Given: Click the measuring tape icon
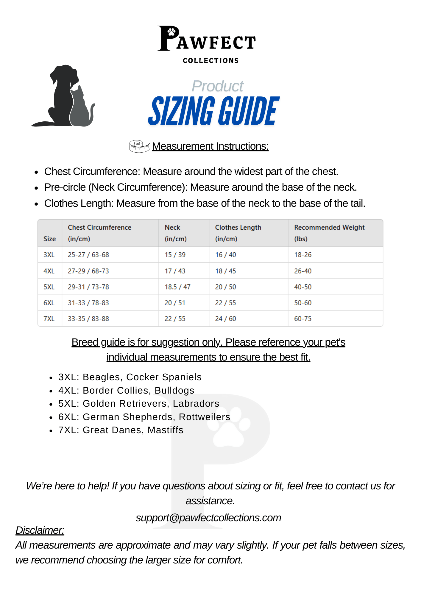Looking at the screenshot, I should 139,146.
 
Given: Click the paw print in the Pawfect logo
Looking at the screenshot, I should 171,32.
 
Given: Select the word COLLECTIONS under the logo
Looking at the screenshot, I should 210,61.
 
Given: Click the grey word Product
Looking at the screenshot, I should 217,86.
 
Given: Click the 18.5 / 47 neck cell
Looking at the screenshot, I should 177,287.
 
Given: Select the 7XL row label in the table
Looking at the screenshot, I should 49,319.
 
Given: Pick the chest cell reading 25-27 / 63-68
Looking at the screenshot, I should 88,255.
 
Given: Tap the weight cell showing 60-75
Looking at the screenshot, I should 303,319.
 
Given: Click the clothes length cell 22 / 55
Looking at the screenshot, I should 225,303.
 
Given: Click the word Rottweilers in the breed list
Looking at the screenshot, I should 205,417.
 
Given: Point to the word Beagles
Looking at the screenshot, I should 102,377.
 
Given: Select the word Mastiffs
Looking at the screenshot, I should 166,430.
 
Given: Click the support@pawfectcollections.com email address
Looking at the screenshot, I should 208,518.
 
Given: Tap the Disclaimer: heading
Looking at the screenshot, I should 40,530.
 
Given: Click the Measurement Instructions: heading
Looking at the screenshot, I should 210,146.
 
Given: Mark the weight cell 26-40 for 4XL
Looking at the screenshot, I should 303,271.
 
